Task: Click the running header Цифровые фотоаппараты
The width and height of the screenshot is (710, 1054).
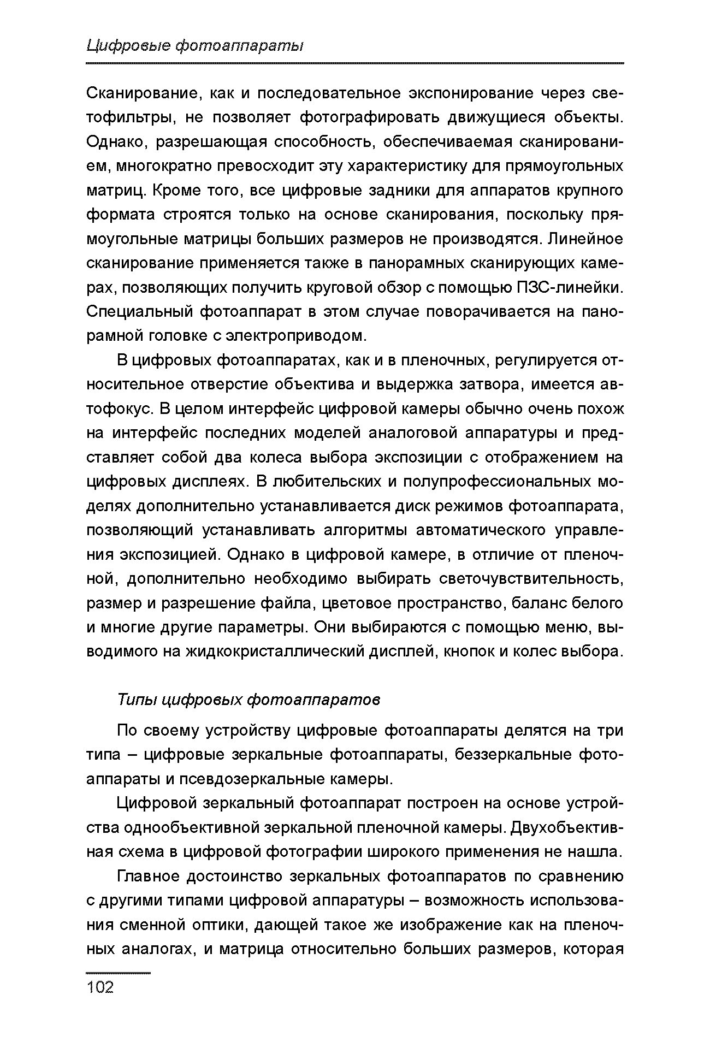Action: pos(195,46)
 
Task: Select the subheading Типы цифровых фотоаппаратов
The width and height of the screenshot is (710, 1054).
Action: pos(249,700)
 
